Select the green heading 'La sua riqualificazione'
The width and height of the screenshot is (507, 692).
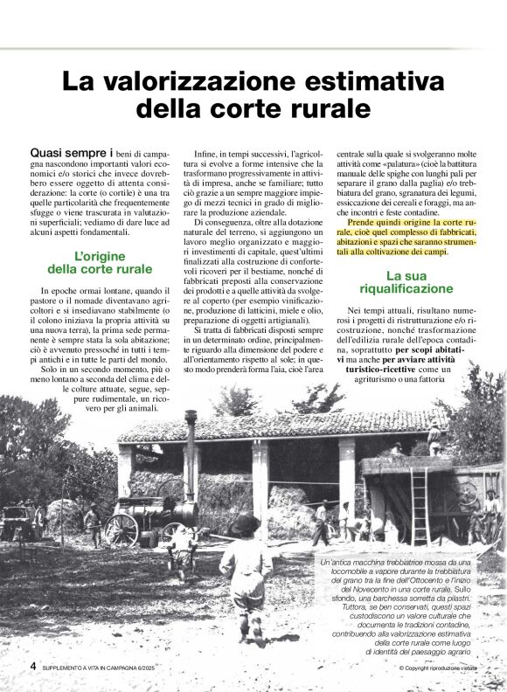point(406,281)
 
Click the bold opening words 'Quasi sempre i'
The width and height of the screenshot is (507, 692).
point(72,152)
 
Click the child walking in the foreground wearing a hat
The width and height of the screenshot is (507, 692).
point(246,572)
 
